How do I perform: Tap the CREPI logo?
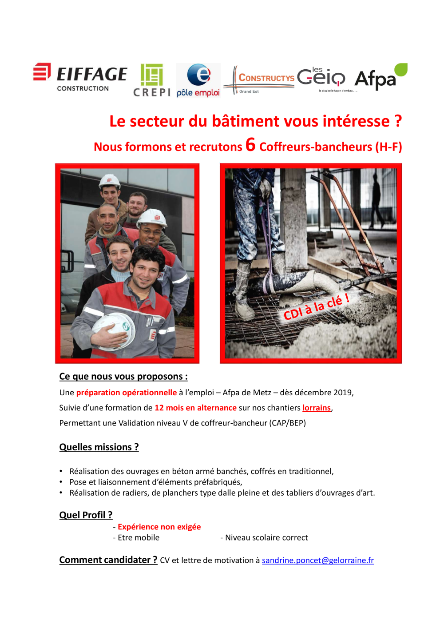coord(152,80)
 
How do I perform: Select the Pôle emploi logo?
coord(198,80)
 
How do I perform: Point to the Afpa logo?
coord(381,77)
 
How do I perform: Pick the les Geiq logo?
coord(321,78)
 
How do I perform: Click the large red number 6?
coord(250,144)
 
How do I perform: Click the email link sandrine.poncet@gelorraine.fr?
coord(317,560)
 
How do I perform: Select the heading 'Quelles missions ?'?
coord(99,447)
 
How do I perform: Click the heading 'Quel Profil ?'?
coord(86,515)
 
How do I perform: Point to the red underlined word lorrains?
coord(316,408)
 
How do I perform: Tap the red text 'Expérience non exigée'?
coord(159,527)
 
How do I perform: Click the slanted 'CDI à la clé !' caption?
coord(316,307)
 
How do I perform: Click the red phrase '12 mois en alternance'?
coord(195,408)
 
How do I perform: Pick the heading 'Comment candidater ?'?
coord(108,560)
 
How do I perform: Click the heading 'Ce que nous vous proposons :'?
coord(123,377)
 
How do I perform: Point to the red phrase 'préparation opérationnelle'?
coord(127,393)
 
